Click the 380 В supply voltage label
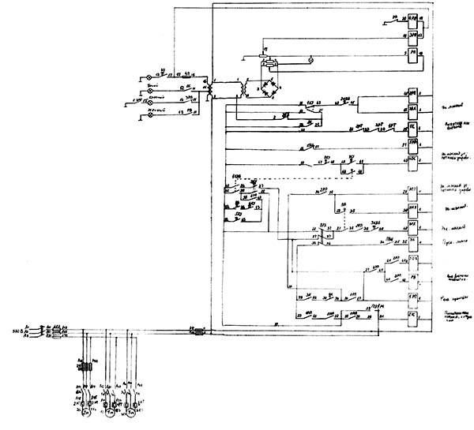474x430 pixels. coord(15,331)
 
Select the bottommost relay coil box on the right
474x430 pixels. coord(412,316)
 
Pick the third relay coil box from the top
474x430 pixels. coord(412,54)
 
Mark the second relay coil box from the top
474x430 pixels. coord(412,36)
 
